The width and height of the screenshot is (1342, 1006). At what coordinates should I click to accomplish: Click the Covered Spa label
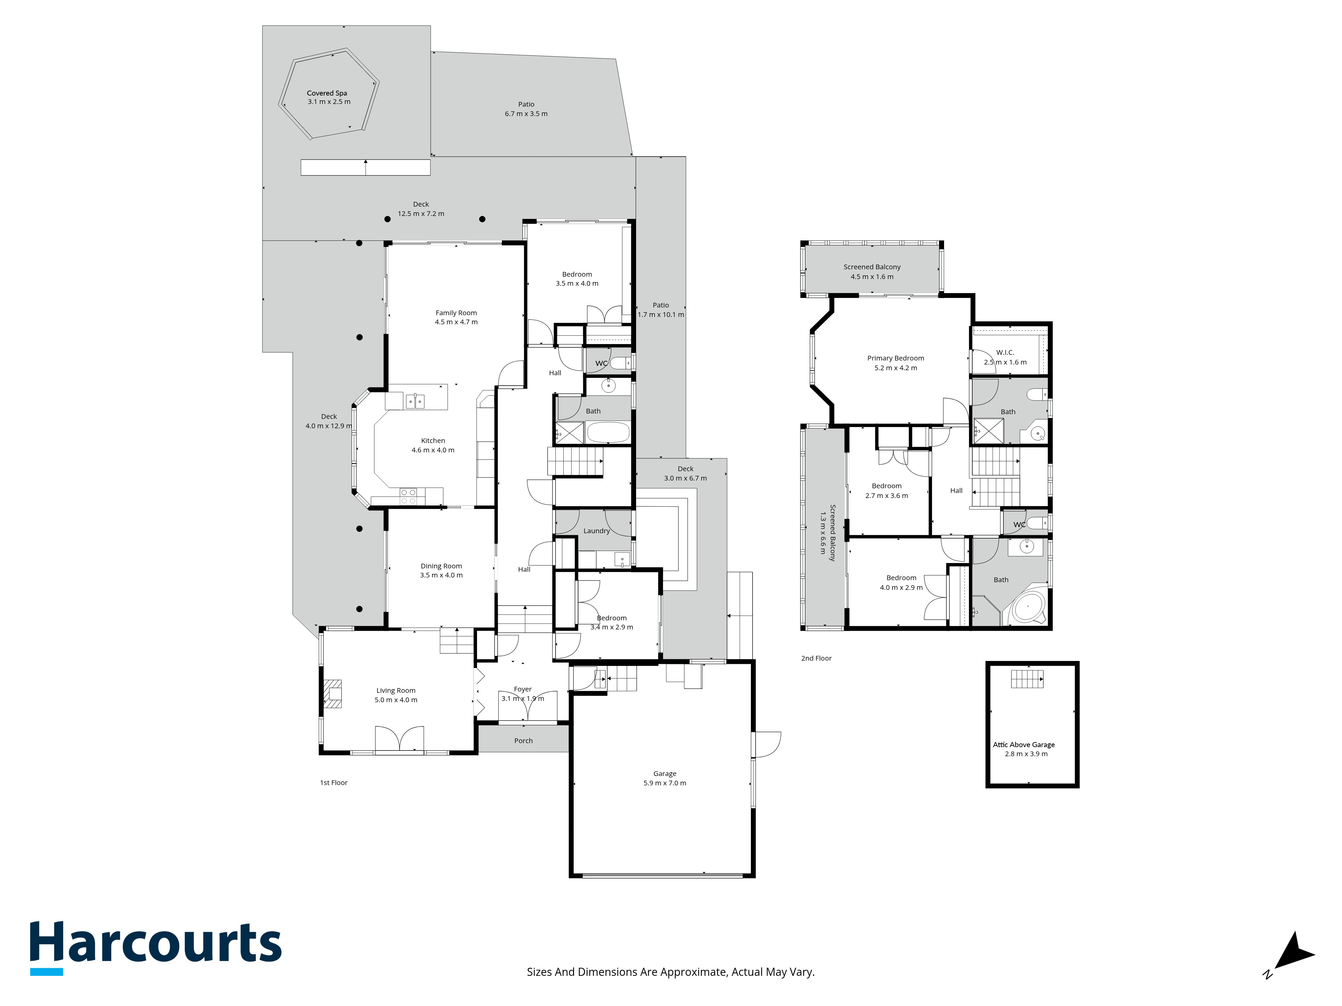click(x=327, y=93)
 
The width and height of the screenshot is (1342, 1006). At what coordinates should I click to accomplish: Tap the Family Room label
click(x=456, y=313)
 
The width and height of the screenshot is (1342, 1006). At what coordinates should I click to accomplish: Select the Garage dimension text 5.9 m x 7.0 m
click(x=665, y=783)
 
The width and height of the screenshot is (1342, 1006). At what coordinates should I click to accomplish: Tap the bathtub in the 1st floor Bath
click(x=609, y=433)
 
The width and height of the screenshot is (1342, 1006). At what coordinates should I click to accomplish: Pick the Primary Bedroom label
click(x=895, y=358)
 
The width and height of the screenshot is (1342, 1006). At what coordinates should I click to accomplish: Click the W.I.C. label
click(x=1005, y=352)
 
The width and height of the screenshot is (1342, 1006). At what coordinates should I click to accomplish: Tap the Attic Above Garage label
click(x=1024, y=745)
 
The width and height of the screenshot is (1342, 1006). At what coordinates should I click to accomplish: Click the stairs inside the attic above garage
click(x=1027, y=679)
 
